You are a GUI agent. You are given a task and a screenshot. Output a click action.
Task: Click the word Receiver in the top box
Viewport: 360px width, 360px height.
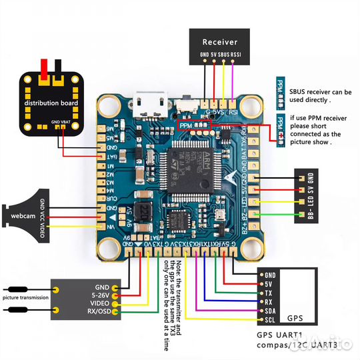[220, 41]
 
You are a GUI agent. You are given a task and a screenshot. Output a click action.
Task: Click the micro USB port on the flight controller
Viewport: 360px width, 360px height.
[147, 105]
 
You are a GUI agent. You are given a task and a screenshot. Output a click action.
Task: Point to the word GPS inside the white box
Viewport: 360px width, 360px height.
[295, 318]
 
